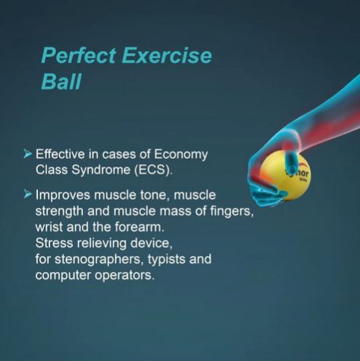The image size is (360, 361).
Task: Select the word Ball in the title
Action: click(60, 81)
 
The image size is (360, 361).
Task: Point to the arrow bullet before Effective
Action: click(28, 154)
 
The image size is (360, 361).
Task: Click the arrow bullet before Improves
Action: click(28, 195)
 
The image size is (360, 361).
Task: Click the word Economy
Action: click(181, 154)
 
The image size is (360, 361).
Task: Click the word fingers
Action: click(206, 211)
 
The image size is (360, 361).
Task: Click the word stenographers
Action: click(91, 259)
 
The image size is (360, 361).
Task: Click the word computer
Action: click(63, 275)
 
